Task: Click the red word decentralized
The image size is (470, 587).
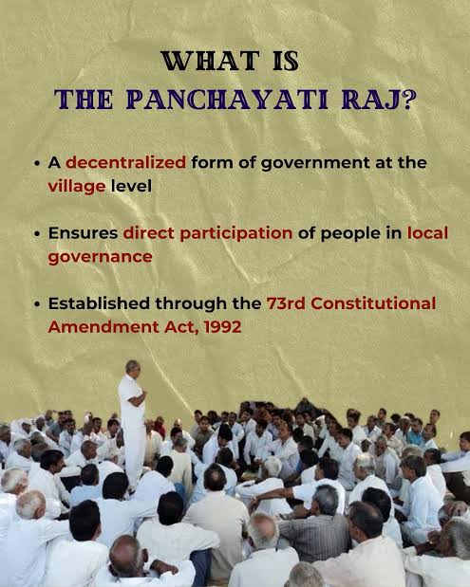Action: (125, 163)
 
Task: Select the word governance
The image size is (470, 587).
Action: (100, 255)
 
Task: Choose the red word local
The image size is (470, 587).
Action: (428, 233)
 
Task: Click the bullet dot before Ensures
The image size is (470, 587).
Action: (37, 234)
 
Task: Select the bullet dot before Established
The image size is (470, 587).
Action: (37, 304)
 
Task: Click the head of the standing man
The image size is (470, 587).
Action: (131, 367)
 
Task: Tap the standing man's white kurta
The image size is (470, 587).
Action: (131, 408)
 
